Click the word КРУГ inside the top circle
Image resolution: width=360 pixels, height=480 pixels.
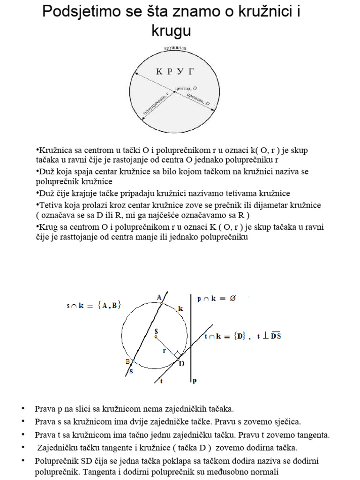pyautogui.click(x=175, y=72)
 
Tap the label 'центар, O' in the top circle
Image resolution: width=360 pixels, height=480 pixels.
pyautogui.click(x=185, y=87)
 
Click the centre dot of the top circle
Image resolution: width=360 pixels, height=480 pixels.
pyautogui.click(x=174, y=92)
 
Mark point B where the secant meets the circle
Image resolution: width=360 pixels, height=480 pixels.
pyautogui.click(x=133, y=361)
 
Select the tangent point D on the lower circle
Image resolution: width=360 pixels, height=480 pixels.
pyautogui.click(x=178, y=359)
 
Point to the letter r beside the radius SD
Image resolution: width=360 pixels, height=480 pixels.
pyautogui.click(x=165, y=350)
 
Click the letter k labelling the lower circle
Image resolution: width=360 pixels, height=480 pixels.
pyautogui.click(x=180, y=308)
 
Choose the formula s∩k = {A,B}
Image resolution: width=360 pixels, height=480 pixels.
pyautogui.click(x=94, y=305)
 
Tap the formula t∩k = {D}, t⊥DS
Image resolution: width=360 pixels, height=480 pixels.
pyautogui.click(x=243, y=336)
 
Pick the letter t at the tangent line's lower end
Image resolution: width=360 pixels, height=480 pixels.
pyautogui.click(x=161, y=381)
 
